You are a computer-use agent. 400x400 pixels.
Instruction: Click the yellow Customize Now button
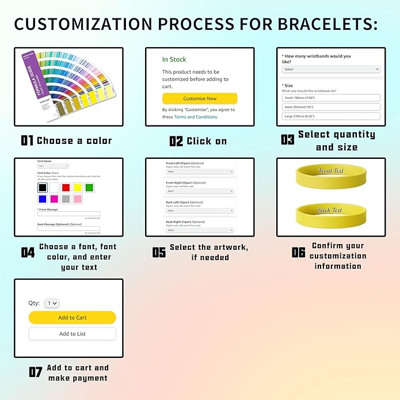coord(199,98)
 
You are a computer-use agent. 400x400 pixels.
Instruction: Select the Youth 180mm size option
coord(331,97)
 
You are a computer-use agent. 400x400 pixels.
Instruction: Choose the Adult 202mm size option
coord(331,106)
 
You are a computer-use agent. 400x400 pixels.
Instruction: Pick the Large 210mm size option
coord(331,116)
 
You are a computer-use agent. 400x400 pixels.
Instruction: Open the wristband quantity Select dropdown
coord(331,69)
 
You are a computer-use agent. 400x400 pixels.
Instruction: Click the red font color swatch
coord(67,188)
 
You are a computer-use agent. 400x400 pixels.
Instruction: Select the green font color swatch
coord(89,188)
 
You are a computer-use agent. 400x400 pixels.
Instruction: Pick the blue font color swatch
coord(43,199)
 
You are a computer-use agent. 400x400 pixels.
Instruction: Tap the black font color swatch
coord(43,188)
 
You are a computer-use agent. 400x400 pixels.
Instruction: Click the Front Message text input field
coord(68,214)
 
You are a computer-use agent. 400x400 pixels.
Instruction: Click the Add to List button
coord(73,334)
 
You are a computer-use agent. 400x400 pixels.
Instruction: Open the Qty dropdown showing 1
coord(52,303)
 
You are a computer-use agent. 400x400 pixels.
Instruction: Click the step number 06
coord(298,252)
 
